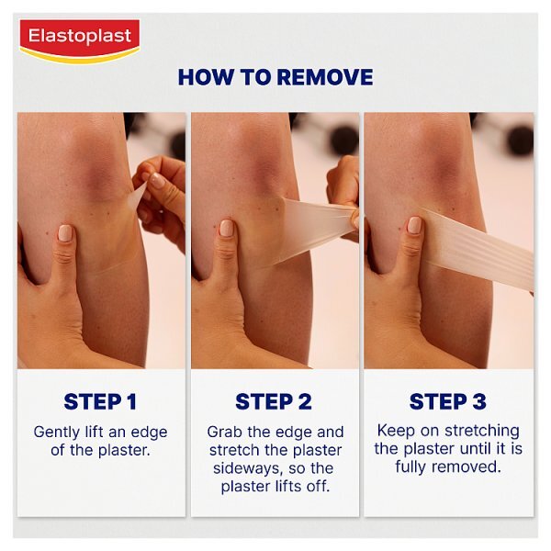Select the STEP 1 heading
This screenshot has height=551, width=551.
pos(100,401)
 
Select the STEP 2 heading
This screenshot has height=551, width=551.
pos(273,401)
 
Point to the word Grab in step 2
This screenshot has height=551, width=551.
pos(225,432)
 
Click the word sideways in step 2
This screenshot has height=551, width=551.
pos(236,468)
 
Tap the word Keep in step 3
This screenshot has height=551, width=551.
pos(395,430)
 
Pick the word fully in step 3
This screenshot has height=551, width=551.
pos(414,467)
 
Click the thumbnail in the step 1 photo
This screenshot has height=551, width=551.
pos(65,231)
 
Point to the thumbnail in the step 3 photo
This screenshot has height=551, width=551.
pos(414,224)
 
